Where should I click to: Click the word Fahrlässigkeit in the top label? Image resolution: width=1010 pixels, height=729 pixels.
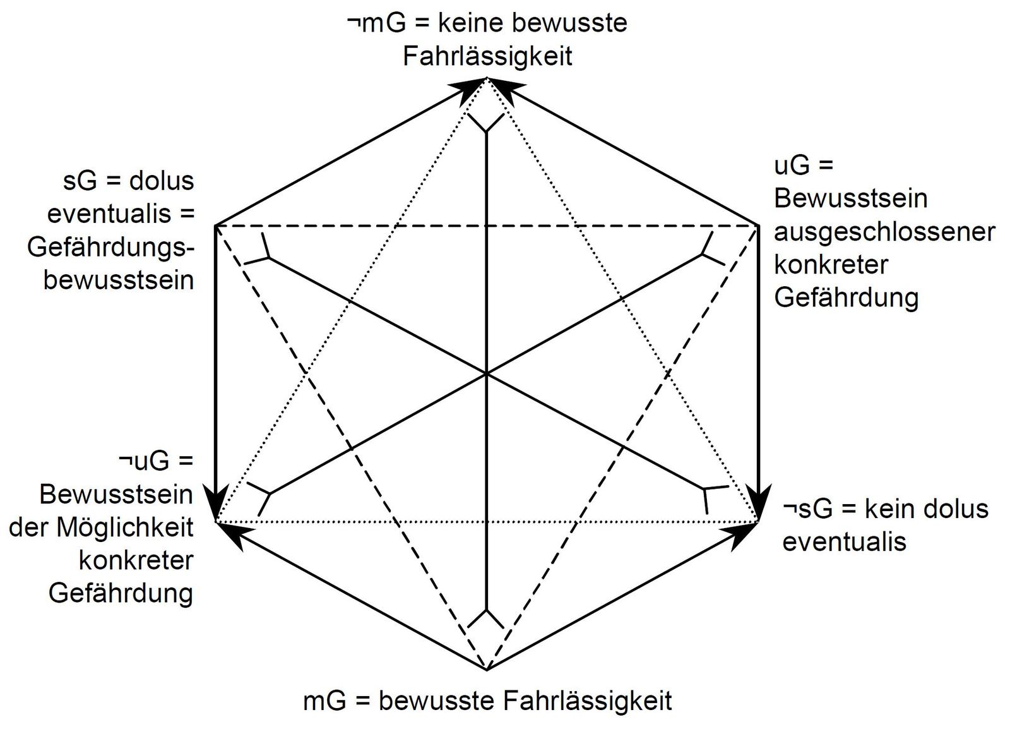[x=487, y=56]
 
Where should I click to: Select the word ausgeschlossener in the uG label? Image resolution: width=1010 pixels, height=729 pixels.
[x=884, y=232]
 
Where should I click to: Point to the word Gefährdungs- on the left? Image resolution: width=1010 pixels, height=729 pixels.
[x=110, y=247]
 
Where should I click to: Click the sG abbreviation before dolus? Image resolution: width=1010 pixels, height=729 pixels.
[x=80, y=181]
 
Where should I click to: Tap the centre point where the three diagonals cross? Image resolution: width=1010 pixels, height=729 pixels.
[x=487, y=374]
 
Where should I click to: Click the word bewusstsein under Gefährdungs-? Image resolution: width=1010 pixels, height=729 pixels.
[x=119, y=280]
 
